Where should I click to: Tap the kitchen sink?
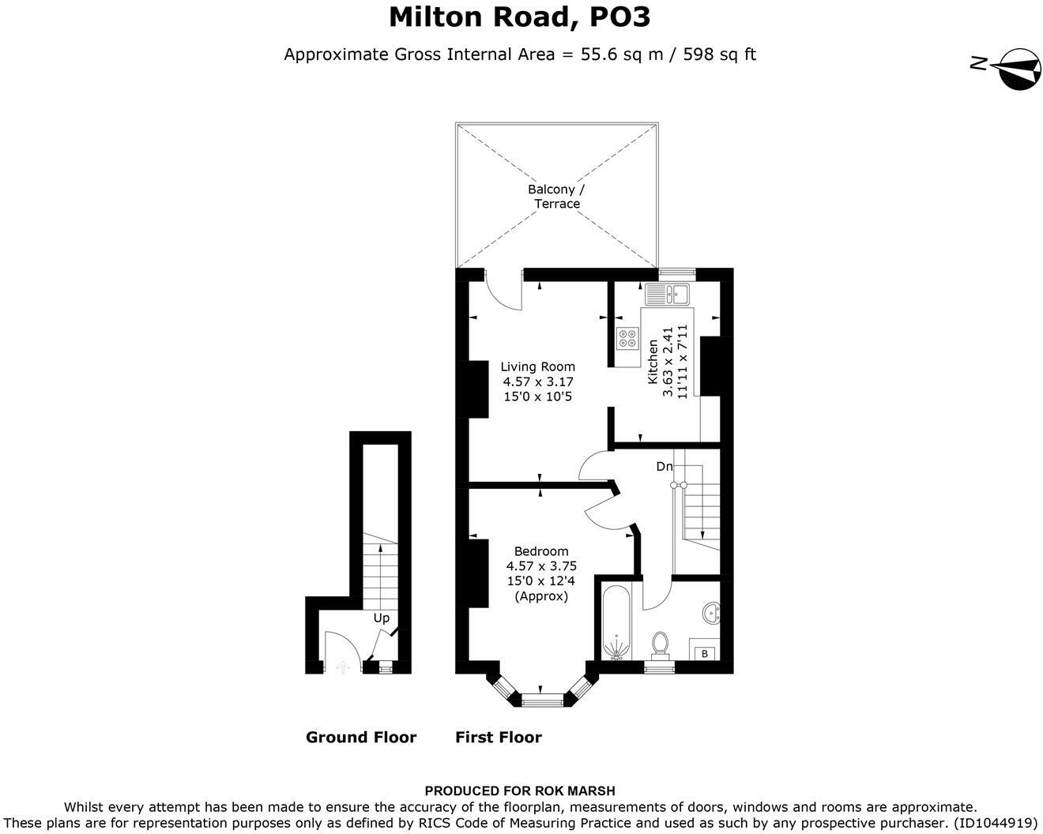coord(667,295)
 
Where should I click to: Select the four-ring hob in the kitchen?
coord(628,338)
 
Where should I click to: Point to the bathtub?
coord(616,623)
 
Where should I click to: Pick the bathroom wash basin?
coord(711,614)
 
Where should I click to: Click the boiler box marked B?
coord(704,654)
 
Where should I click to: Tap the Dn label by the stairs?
coord(665,466)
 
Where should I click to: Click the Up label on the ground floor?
coord(382,619)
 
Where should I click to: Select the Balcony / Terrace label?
coord(556,197)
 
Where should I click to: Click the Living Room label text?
coord(537,366)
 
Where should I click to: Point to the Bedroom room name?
coord(541,551)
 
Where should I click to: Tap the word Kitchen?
coord(653,362)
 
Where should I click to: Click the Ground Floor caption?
coord(361,737)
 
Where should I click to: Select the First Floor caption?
coord(499,737)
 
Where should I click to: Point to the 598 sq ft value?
coord(720,54)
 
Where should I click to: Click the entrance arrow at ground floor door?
coord(343,667)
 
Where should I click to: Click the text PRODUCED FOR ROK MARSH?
coord(520,791)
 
